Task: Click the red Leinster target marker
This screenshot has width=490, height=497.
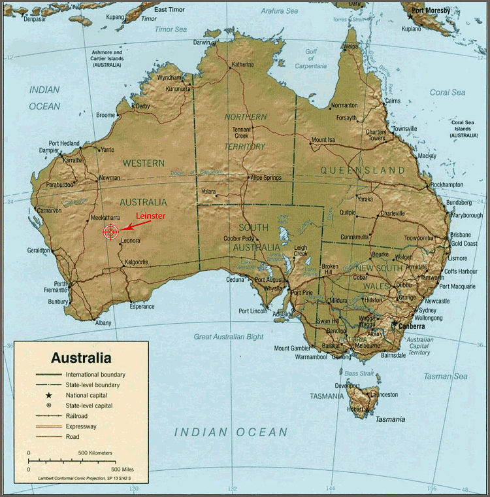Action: [x=111, y=231]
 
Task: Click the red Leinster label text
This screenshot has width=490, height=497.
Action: [x=150, y=216]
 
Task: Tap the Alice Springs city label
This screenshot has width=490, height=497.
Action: [x=266, y=177]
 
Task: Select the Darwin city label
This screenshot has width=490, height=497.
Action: [x=203, y=43]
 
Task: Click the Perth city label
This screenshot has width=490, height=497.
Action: [x=61, y=284]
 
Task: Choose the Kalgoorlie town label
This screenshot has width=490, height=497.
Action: [x=138, y=262]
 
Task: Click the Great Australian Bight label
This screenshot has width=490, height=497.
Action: [x=228, y=337]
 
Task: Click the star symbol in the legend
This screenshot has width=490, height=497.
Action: [x=48, y=396]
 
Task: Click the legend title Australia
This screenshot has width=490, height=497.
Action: [x=81, y=358]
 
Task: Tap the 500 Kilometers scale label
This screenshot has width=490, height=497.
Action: [x=95, y=453]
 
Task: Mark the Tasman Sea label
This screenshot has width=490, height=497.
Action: [x=445, y=376]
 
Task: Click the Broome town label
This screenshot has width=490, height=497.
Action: [x=105, y=115]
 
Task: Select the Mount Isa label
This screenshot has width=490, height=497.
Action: [x=323, y=140]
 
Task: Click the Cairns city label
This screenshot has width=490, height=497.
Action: [x=392, y=101]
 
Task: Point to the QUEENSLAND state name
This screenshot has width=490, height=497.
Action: [x=363, y=170]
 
